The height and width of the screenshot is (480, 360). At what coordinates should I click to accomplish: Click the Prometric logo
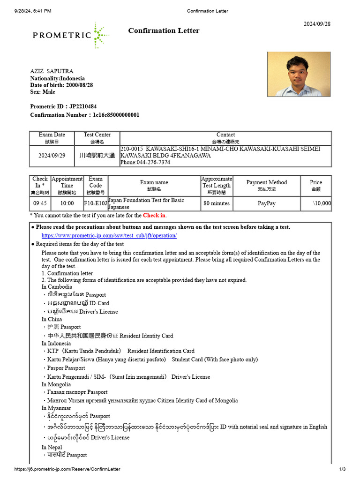[x=70, y=34]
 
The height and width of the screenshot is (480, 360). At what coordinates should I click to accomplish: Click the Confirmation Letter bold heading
[x=164, y=31]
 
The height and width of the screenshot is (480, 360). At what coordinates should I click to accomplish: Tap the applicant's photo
[x=295, y=74]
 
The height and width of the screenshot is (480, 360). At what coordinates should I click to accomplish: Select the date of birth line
[x=61, y=85]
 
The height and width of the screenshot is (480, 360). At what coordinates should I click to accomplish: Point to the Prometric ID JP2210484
[x=63, y=107]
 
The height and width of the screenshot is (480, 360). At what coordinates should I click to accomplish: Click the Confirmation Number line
[x=84, y=115]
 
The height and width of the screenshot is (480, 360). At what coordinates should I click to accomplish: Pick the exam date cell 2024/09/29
[x=52, y=156]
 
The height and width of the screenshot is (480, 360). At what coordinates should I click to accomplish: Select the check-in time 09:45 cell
[x=40, y=203]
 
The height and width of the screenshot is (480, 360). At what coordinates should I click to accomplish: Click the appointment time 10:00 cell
[x=67, y=203]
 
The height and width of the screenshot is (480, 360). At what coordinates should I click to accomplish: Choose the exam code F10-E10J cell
[x=95, y=203]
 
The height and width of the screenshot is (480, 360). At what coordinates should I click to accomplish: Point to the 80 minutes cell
[x=216, y=203]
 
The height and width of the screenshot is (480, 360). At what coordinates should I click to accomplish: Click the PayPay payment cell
[x=266, y=203]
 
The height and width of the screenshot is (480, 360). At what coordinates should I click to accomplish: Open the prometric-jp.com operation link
[x=109, y=236]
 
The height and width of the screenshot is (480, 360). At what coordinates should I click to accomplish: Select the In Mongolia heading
[x=56, y=385]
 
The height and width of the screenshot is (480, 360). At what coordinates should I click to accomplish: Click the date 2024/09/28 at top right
[x=317, y=24]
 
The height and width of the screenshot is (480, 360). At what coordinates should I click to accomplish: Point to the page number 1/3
[x=342, y=469]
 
